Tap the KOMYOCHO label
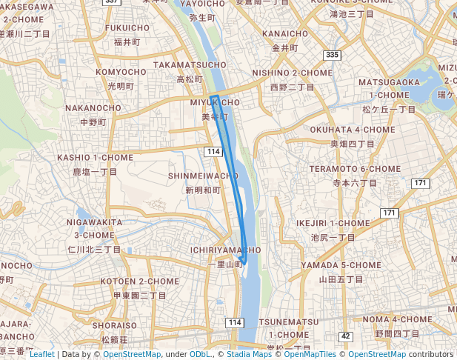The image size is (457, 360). click(121, 72)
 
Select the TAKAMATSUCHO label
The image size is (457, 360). click(190, 65)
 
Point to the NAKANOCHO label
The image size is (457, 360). click(93, 108)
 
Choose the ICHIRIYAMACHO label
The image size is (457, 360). click(225, 250)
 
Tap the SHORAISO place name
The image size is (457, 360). click(115, 325)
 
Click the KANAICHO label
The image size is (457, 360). click(285, 34)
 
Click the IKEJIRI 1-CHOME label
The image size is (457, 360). click(333, 223)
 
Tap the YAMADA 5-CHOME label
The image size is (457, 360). click(341, 265)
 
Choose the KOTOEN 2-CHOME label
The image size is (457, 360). click(139, 282)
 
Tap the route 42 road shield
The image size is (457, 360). click(345, 336)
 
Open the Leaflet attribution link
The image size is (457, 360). click(41, 354)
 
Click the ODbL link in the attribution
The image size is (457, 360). click(199, 354)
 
